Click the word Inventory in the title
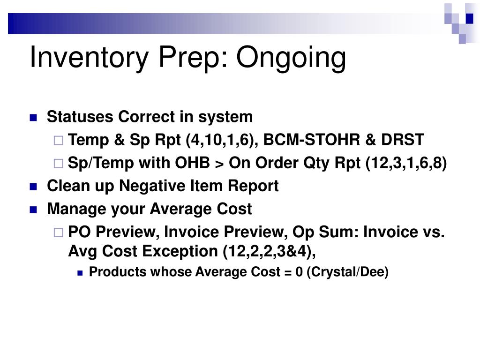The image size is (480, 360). [x=90, y=58]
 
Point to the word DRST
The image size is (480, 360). [x=402, y=140]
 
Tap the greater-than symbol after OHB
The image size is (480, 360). [x=219, y=163]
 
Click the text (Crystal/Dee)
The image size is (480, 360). [x=348, y=272]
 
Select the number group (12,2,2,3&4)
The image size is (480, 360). [x=269, y=251]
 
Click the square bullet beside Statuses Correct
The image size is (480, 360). [x=33, y=118]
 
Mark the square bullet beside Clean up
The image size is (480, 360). [x=33, y=187]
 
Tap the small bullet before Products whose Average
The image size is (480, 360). [x=80, y=272]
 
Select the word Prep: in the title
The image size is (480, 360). [x=194, y=58]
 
